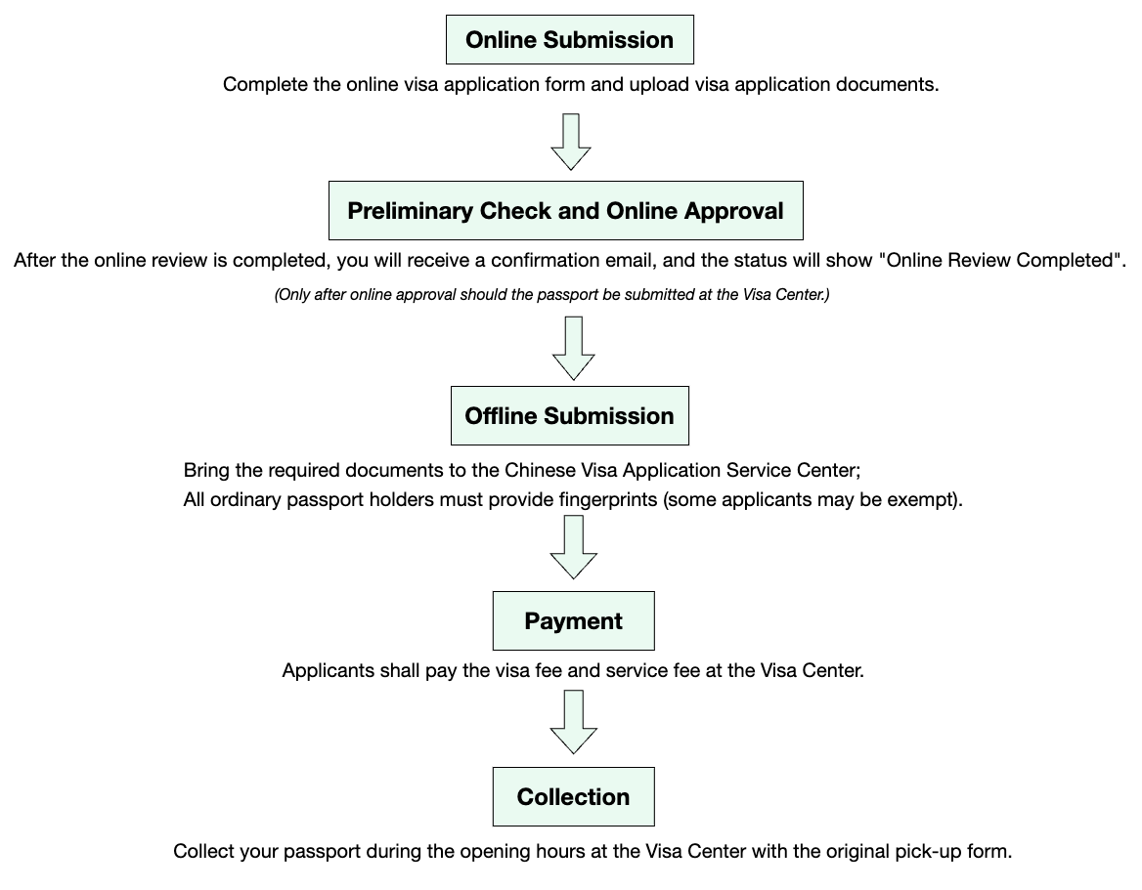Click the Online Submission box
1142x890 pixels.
570,39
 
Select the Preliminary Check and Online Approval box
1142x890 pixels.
566,210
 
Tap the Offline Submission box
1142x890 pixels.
570,415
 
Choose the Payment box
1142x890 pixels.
573,620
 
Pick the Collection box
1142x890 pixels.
573,797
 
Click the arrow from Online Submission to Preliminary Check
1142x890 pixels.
570,142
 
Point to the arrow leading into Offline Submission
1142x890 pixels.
573,348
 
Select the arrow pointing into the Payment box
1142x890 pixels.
573,547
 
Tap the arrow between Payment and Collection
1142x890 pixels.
573,722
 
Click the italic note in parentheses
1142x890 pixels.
552,295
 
